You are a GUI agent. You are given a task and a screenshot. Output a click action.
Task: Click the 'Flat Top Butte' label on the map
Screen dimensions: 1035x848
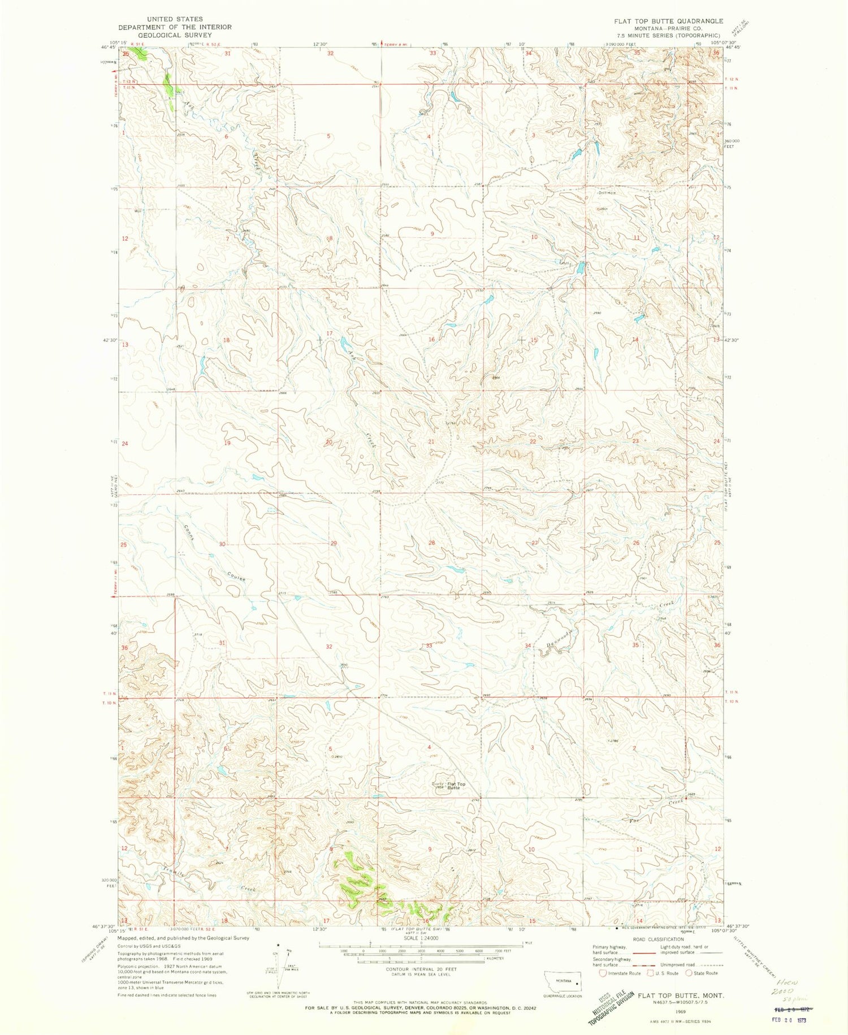(x=456, y=786)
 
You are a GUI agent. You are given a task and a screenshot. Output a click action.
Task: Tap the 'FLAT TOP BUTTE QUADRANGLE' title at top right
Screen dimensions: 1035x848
(x=669, y=21)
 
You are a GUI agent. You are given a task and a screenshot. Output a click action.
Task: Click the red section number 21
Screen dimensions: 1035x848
(x=431, y=441)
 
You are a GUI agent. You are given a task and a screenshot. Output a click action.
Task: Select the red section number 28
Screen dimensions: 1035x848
(x=432, y=543)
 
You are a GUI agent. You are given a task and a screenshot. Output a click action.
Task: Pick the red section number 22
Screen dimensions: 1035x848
(x=533, y=441)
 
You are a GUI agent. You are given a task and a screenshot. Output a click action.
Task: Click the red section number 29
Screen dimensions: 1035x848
(x=334, y=543)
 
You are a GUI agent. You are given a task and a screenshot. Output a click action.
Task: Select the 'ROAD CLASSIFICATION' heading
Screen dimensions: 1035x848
(x=657, y=939)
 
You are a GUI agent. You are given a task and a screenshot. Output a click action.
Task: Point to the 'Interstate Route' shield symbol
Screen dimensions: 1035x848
(x=603, y=973)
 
